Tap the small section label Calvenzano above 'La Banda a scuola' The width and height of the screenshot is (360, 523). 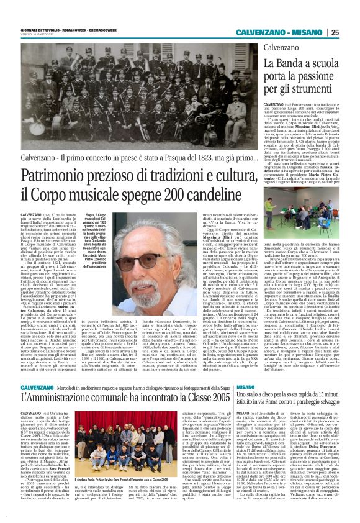click(281, 48)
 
